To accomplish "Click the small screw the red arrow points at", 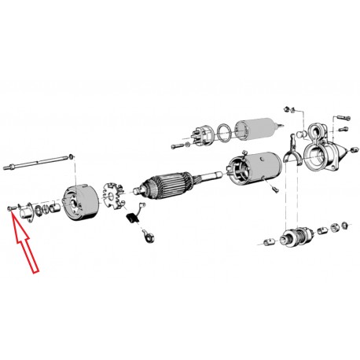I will [9, 207].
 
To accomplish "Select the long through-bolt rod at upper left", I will [39, 166].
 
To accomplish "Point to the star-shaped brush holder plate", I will [116, 193].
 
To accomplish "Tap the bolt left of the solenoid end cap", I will [177, 145].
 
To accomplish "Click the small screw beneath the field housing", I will [276, 189].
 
